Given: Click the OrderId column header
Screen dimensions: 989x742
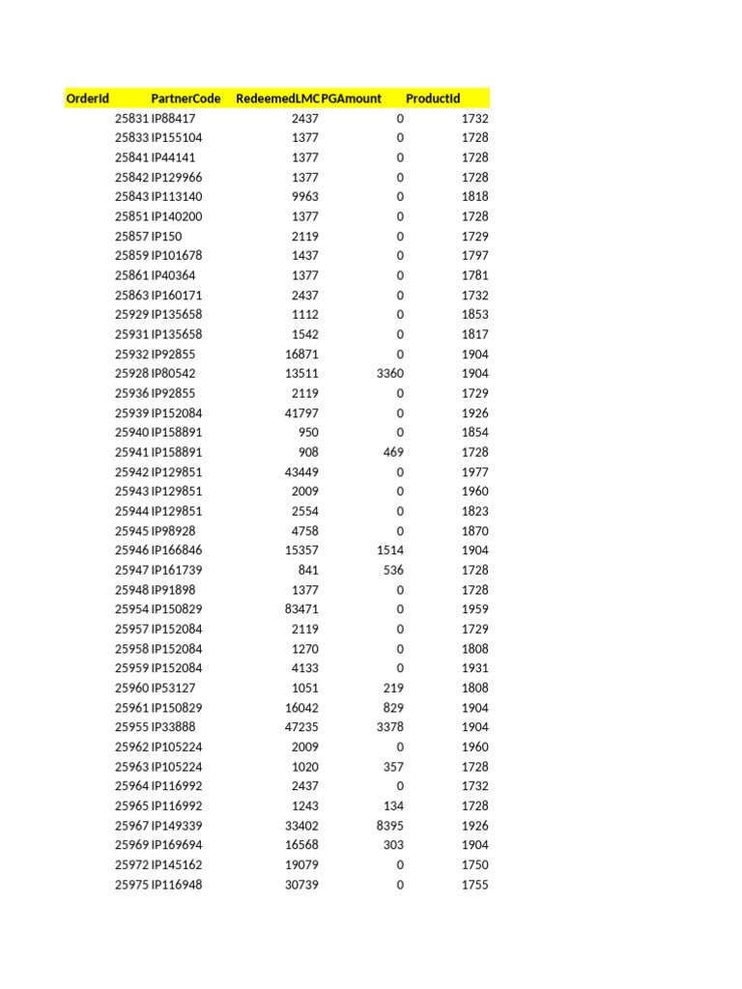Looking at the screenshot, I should (x=87, y=99).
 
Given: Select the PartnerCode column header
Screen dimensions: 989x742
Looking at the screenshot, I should (x=185, y=99).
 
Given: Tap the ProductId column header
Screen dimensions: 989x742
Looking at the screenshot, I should (x=433, y=99).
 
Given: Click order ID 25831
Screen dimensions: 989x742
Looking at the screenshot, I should (x=131, y=118).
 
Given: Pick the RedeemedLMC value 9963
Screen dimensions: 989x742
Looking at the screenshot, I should (x=304, y=197).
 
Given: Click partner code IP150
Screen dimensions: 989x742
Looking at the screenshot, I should (x=166, y=237).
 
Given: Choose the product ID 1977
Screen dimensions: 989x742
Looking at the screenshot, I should (x=474, y=472).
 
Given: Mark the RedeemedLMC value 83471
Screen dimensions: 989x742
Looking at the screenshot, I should (x=300, y=609).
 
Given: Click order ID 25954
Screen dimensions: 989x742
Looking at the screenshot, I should (x=131, y=609).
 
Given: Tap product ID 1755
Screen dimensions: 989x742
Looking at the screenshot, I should (x=474, y=885).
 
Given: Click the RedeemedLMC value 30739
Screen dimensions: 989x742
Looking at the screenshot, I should (x=300, y=885).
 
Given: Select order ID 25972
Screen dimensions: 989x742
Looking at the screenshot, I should (x=131, y=865).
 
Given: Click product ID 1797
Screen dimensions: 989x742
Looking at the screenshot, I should (x=474, y=256).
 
